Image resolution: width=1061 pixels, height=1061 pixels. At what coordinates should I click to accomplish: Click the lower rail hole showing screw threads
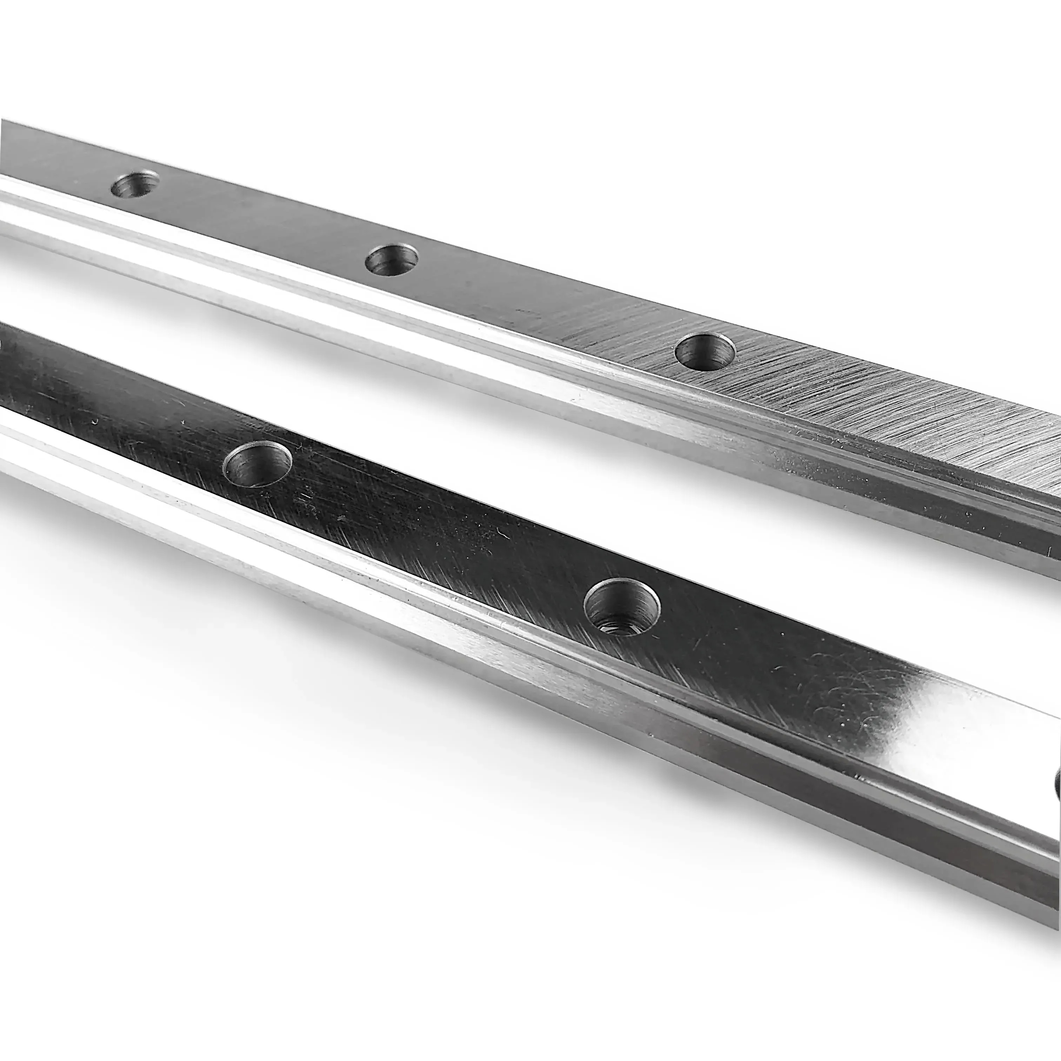pyautogui.click(x=622, y=607)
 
